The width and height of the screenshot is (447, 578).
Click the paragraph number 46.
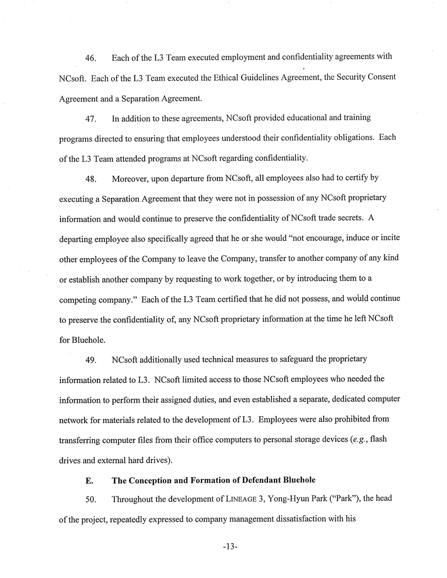[91, 59]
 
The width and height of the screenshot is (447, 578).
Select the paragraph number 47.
[91, 119]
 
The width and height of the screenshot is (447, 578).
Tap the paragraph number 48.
[91, 179]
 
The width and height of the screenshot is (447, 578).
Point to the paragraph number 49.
[91, 360]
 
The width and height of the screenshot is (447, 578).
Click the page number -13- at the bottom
[230, 547]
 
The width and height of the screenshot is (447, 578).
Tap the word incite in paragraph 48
[390, 238]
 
